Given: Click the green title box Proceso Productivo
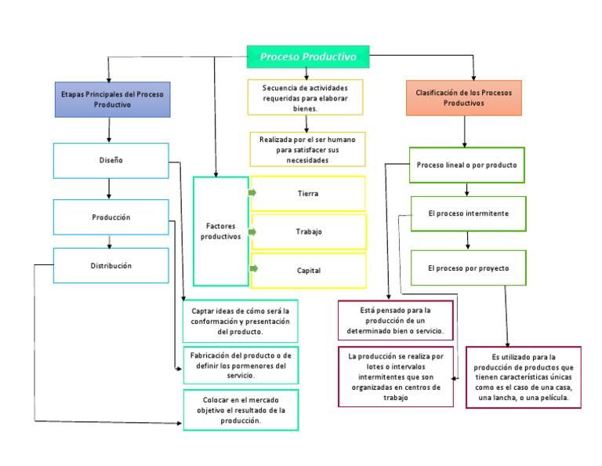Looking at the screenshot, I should (x=308, y=56).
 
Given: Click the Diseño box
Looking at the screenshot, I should (x=111, y=160).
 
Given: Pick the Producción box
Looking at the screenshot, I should (x=111, y=217).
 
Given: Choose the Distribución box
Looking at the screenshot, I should (x=111, y=266).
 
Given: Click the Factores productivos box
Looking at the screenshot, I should (x=220, y=231).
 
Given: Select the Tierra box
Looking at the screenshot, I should (x=308, y=193).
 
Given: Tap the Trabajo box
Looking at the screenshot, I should (x=308, y=231).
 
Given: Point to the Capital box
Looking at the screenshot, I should (x=308, y=271).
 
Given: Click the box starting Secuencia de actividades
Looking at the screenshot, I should (x=306, y=98).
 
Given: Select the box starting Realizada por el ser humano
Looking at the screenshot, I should (x=307, y=149).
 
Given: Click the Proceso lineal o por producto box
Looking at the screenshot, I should (x=467, y=166).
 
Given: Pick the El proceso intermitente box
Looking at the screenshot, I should (x=468, y=213).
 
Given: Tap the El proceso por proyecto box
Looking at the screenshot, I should (x=468, y=268).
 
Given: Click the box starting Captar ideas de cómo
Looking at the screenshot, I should (x=241, y=322).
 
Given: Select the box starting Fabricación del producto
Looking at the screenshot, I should (x=241, y=366).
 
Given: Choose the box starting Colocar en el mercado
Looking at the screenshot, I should (x=241, y=410).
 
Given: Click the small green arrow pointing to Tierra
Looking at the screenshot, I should (x=252, y=192).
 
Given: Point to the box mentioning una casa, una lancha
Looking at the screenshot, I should (x=524, y=377).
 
